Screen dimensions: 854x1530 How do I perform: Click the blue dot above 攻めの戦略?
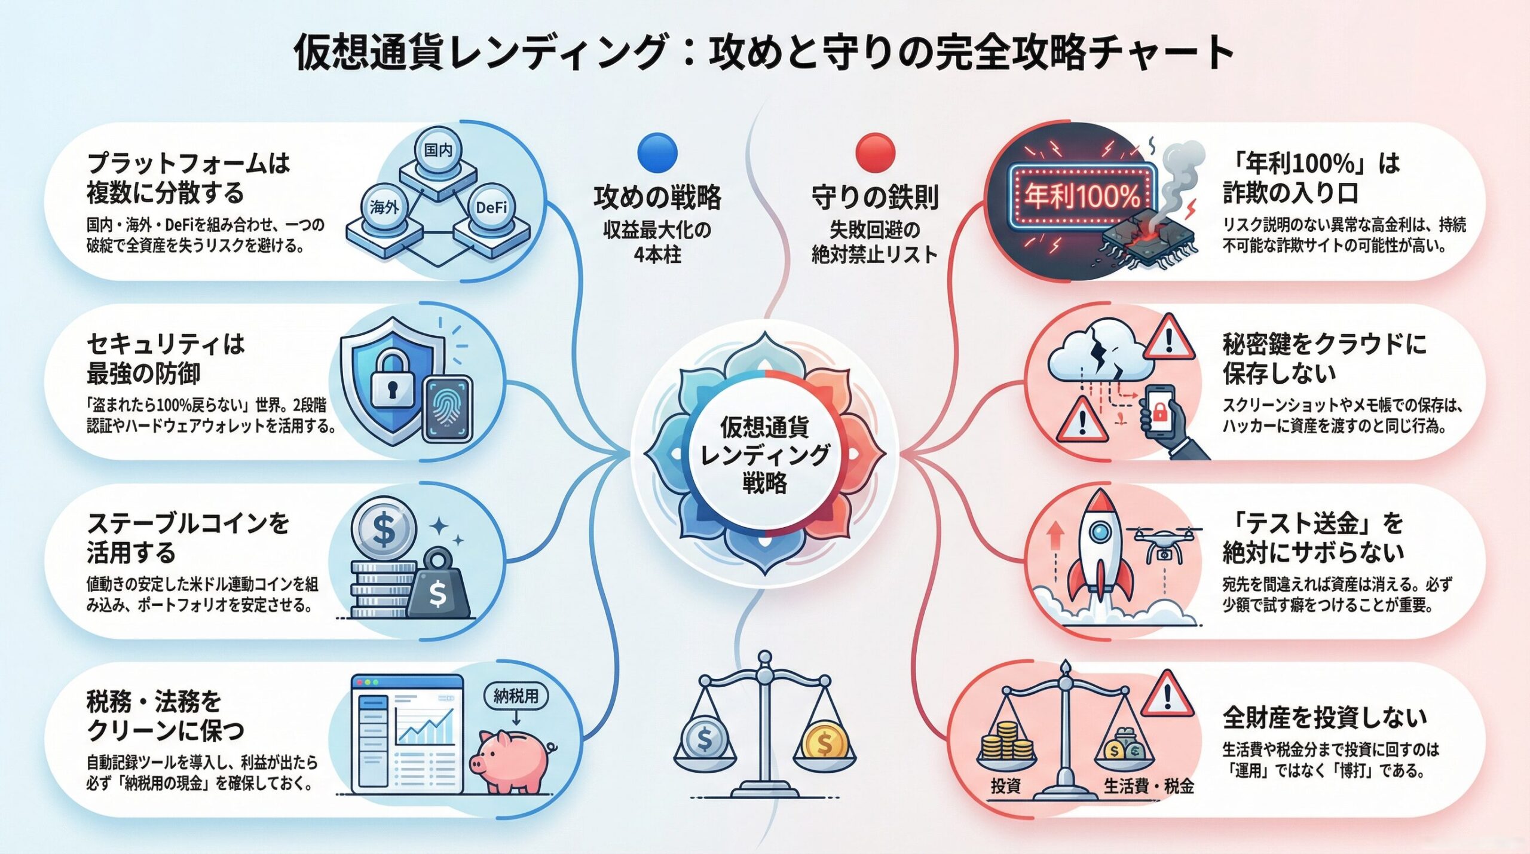pyautogui.click(x=657, y=152)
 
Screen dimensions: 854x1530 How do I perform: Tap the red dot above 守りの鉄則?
pyautogui.click(x=875, y=152)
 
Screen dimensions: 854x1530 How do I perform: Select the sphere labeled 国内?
pyautogui.click(x=438, y=150)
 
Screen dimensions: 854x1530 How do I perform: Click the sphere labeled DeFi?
pyautogui.click(x=491, y=207)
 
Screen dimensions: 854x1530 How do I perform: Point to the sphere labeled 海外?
pyautogui.click(x=384, y=207)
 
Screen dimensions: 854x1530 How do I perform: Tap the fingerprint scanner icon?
pyautogui.click(x=448, y=409)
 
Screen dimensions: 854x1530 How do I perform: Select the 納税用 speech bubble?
pyautogui.click(x=515, y=696)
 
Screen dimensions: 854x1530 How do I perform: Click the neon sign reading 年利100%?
pyautogui.click(x=1082, y=196)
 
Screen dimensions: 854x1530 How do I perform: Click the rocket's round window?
pyautogui.click(x=1098, y=531)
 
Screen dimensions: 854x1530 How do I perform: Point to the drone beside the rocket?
pyautogui.click(x=1164, y=544)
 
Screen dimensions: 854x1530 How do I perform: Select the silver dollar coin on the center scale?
pyautogui.click(x=705, y=742)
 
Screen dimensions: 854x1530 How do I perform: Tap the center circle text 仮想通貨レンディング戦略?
pyautogui.click(x=764, y=454)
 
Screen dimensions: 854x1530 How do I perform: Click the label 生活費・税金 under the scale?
pyautogui.click(x=1148, y=786)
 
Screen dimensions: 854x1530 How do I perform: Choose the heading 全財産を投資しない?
pyautogui.click(x=1324, y=718)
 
